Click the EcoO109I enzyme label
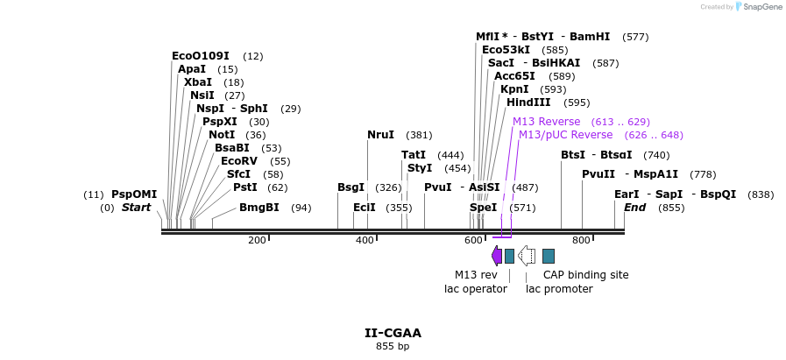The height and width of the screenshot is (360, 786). coord(200,56)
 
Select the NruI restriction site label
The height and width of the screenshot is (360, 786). coord(380,135)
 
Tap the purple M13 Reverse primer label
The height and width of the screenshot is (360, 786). coord(546,122)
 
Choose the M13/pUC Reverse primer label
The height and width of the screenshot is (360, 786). coord(565,135)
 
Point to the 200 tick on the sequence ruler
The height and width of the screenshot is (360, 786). coord(258,240)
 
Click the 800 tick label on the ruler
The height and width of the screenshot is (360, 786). coord(581,240)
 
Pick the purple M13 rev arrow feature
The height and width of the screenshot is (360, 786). coord(497,255)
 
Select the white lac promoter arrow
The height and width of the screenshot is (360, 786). coord(527,255)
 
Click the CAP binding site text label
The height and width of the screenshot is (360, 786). coord(585,274)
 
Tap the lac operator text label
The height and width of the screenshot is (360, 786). coord(475,288)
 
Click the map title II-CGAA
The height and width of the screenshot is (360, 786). coord(393,333)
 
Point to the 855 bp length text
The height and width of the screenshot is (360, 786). coord(393,347)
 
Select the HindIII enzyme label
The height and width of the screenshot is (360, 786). coord(528,102)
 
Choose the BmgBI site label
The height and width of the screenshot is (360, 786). coord(258,208)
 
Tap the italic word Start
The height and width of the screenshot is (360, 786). coord(136,208)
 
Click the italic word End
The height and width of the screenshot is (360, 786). coord(634,208)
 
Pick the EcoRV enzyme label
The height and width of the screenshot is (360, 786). coord(238,161)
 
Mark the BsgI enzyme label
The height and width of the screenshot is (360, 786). coord(351,187)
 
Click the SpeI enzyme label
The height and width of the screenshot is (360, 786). coord(483,208)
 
